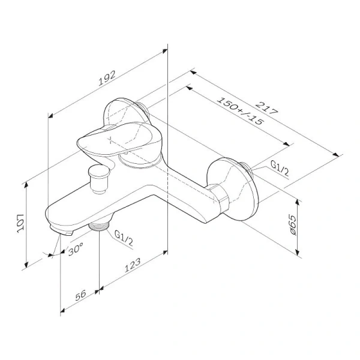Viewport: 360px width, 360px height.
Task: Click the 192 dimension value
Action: pos(107,76)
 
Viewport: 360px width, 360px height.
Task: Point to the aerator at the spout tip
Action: pos(62,230)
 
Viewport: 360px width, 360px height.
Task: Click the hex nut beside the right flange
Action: pos(221,199)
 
